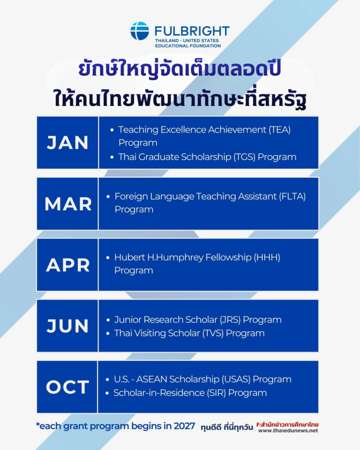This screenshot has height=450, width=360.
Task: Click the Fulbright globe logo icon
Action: pyautogui.click(x=140, y=31)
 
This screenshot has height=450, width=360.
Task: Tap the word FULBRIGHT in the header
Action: pyautogui.click(x=192, y=31)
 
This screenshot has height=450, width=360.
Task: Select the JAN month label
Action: pyautogui.click(x=67, y=142)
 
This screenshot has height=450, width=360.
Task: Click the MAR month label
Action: pyautogui.click(x=68, y=204)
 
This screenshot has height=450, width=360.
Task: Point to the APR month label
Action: pyautogui.click(x=68, y=265)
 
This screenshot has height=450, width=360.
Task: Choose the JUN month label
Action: pyautogui.click(x=67, y=326)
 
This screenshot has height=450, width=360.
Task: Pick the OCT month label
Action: pyautogui.click(x=67, y=387)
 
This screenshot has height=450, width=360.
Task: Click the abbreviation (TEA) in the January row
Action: pyautogui.click(x=280, y=130)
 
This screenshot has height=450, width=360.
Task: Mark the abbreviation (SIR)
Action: pyautogui.click(x=217, y=393)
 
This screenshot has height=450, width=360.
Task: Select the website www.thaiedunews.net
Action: pyautogui.click(x=288, y=430)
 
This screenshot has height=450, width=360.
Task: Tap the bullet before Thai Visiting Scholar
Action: pyautogui.click(x=108, y=333)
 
